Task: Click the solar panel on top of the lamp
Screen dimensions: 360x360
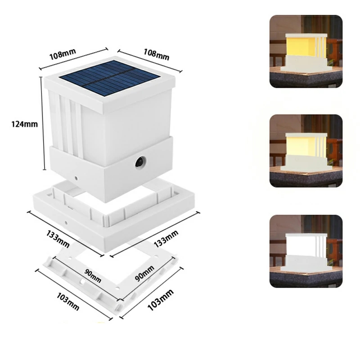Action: point(109,78)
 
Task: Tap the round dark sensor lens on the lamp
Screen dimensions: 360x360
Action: point(140,162)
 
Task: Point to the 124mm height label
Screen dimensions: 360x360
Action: point(25,124)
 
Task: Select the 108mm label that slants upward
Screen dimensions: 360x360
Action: point(63,54)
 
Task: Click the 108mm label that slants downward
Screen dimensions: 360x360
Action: point(156,54)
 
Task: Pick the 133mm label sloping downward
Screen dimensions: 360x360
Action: point(58,239)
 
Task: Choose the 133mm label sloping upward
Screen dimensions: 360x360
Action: point(166,239)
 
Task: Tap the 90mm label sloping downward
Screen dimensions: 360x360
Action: point(93,276)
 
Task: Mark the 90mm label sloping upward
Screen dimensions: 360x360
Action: point(144,273)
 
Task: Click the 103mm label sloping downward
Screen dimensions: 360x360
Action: point(68,301)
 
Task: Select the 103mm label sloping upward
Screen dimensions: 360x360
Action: point(160,300)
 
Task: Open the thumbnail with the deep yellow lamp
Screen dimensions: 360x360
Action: point(306,51)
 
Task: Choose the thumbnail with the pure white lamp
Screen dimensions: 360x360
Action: point(306,252)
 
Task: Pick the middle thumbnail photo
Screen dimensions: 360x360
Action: point(306,151)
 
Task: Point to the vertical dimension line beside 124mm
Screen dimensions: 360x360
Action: point(43,123)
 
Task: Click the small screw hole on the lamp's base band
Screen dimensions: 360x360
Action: point(76,178)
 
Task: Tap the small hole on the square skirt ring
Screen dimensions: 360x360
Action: point(66,222)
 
